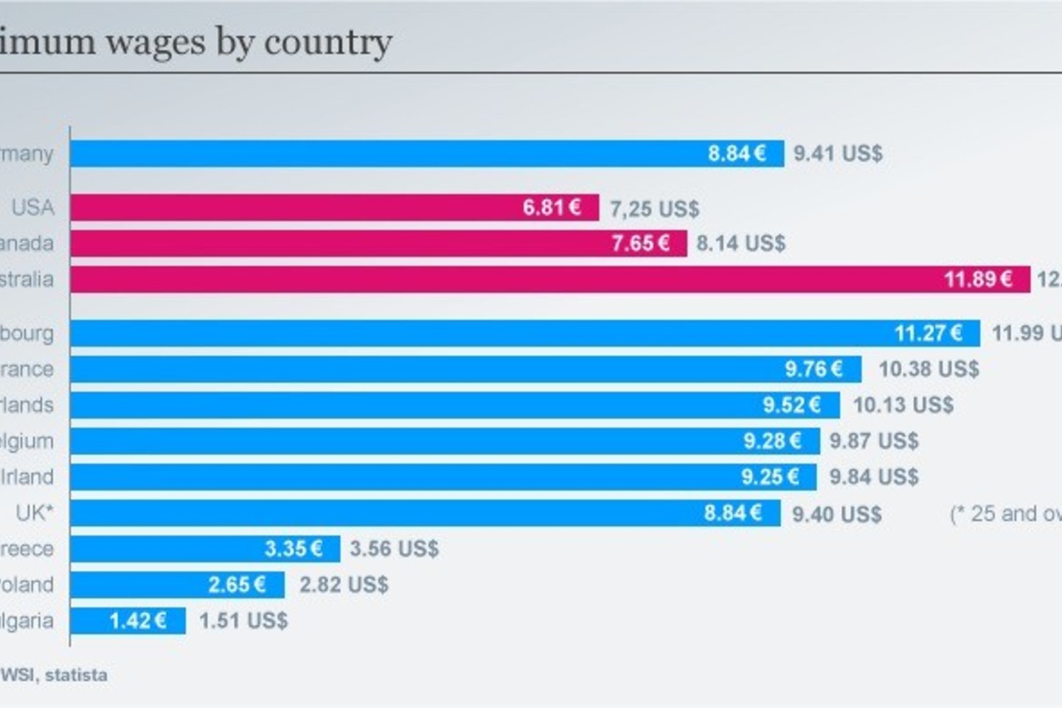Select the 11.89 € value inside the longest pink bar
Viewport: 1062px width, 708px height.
978,280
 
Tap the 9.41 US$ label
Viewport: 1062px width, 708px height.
838,153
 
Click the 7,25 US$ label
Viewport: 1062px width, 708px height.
654,209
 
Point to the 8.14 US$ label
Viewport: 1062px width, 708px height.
740,243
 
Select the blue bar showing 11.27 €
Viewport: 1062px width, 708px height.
524,333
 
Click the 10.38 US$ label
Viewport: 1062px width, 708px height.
929,369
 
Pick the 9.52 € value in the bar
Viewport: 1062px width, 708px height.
791,405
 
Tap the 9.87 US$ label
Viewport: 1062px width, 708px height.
874,441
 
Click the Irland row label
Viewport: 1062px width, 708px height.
27,476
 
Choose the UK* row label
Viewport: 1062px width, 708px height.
35,513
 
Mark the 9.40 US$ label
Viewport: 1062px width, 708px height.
836,513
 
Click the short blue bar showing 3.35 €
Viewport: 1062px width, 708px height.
204,549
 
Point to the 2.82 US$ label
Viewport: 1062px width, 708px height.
344,585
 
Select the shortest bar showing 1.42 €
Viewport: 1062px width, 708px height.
128,621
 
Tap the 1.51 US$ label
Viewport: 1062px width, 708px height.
243,621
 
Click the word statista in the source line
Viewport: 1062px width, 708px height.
76,675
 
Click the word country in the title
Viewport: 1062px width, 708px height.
327,42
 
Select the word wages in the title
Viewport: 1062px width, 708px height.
156,42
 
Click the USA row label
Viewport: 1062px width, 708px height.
33,207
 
